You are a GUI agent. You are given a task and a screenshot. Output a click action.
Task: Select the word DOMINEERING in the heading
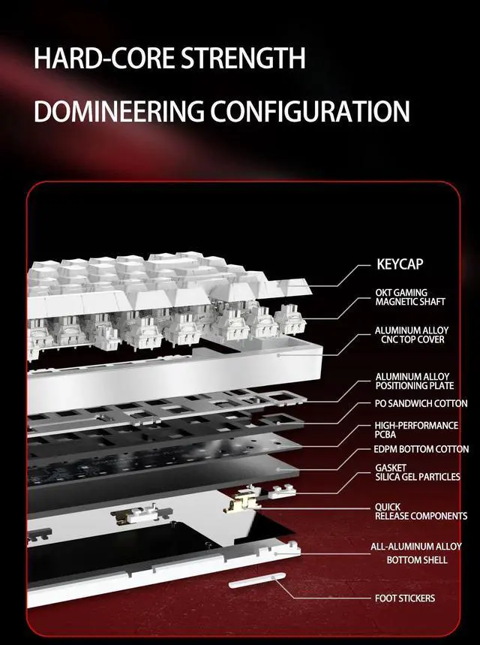(118, 112)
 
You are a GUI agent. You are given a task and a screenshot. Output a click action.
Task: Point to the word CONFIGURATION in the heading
(310, 112)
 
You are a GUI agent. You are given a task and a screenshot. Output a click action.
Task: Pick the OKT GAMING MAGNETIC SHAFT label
(410, 297)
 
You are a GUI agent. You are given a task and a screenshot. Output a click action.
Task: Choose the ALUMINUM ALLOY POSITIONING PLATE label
(414, 381)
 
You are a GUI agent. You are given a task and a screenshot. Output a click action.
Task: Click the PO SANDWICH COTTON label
(421, 403)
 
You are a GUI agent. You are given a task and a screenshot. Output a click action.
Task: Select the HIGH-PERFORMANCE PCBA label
(417, 429)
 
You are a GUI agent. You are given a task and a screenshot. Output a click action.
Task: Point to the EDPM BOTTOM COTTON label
(421, 449)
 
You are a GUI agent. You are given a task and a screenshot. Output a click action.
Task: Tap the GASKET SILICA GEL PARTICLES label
(417, 472)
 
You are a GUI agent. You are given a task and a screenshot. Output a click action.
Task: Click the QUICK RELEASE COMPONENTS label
(420, 511)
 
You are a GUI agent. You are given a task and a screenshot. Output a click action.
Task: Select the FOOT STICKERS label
(404, 598)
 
